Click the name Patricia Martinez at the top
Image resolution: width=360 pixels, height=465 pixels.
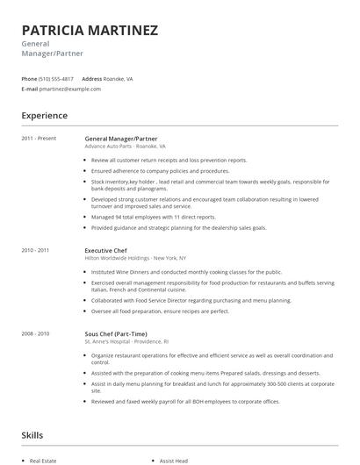pyautogui.click(x=90, y=31)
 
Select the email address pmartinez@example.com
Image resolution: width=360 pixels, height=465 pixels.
pyautogui.click(x=71, y=89)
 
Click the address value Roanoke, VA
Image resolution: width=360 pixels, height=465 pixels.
pyautogui.click(x=119, y=78)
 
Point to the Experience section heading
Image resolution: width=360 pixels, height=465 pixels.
pyautogui.click(x=44, y=116)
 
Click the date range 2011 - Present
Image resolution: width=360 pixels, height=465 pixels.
pyautogui.click(x=39, y=139)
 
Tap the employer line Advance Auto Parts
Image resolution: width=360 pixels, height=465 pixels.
pyautogui.click(x=125, y=147)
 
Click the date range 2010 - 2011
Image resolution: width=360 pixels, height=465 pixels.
pyautogui.click(x=35, y=250)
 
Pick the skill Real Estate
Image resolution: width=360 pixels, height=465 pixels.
pyautogui.click(x=43, y=460)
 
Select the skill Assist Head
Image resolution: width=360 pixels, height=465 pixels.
pyautogui.click(x=173, y=460)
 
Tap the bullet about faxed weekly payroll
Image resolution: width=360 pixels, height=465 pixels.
pyautogui.click(x=185, y=401)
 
